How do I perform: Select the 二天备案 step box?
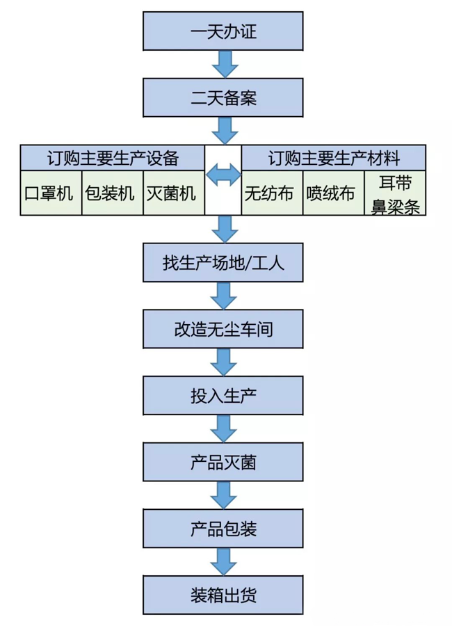coord(223,98)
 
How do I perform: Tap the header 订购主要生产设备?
coord(113,158)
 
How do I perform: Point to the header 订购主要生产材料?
coord(334,158)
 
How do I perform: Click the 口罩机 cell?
coord(50,193)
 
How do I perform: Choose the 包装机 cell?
coord(111,193)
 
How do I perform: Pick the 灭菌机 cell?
coord(173,193)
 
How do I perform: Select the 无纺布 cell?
coord(271,193)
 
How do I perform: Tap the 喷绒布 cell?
coord(333,193)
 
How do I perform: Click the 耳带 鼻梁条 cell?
coord(396,193)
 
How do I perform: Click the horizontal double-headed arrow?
coord(223,175)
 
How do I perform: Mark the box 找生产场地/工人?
coord(223,263)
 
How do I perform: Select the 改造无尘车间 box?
coord(223,329)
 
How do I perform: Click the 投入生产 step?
coord(223,395)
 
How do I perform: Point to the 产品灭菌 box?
coord(223,462)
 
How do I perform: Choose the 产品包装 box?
coord(223,529)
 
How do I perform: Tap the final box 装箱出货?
coord(223,595)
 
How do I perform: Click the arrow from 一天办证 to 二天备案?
coord(224,66)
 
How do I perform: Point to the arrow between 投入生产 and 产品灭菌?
coord(224,428)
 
